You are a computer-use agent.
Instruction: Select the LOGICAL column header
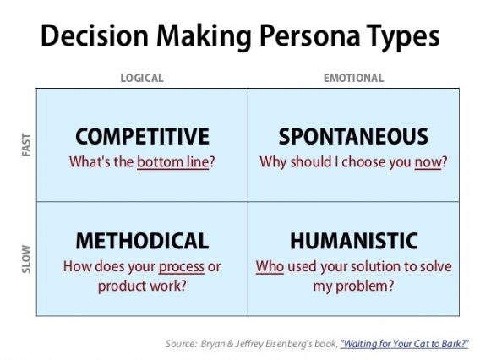[142, 79]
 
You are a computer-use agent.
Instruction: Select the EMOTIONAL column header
[353, 79]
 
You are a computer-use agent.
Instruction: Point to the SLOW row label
[23, 259]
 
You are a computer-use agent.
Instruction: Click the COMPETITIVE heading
[142, 137]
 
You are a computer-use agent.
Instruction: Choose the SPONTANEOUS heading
[353, 137]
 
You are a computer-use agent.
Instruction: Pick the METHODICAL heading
[142, 242]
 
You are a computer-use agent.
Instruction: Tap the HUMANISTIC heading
[353, 242]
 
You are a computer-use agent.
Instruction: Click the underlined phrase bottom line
[172, 161]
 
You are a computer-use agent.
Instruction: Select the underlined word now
[428, 161]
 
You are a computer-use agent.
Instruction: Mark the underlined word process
[181, 267]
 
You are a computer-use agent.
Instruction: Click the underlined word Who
[270, 267]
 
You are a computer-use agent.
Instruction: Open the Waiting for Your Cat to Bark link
[404, 343]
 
